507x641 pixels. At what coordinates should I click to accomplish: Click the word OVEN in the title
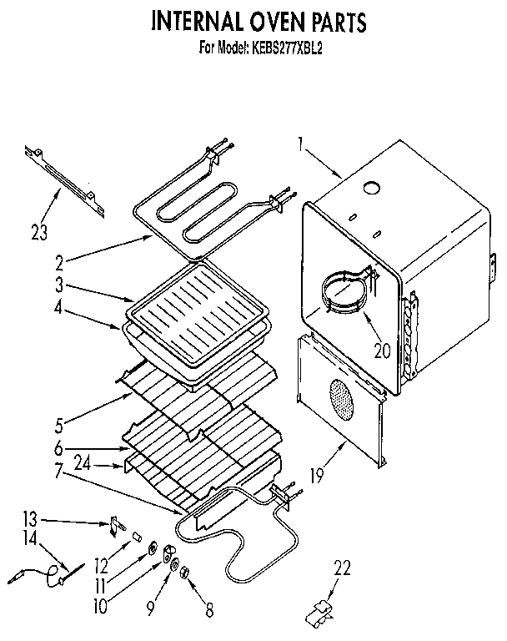click(269, 20)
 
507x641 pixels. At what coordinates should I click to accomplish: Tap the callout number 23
click(38, 231)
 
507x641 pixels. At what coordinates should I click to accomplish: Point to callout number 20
click(383, 351)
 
